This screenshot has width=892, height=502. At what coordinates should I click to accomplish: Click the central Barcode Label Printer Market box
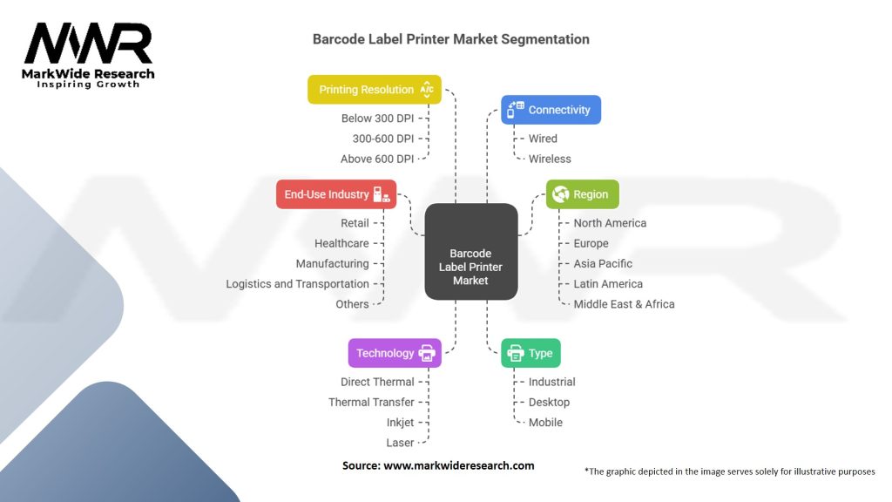[x=470, y=253]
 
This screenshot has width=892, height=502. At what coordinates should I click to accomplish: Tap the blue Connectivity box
[x=551, y=110]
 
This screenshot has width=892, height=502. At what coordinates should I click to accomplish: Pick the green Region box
[x=582, y=194]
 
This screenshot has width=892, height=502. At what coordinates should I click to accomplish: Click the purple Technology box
[x=395, y=353]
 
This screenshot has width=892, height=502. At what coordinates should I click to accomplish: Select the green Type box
[x=531, y=353]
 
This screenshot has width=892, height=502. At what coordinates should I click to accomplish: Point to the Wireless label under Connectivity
[x=550, y=159]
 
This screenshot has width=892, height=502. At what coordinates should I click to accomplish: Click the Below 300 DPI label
[x=377, y=118]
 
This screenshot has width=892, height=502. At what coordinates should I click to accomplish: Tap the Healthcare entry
[x=341, y=243]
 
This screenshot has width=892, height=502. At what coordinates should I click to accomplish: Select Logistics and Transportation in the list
[x=297, y=283]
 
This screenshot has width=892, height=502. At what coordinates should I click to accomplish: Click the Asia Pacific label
[x=603, y=263]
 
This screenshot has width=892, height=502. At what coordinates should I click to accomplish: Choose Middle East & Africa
[x=624, y=304]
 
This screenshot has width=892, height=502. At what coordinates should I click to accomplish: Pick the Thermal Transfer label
[x=371, y=402]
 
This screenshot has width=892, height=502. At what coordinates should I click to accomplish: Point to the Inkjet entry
[x=400, y=422]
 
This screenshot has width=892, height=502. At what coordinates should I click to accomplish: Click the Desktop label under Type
[x=549, y=402]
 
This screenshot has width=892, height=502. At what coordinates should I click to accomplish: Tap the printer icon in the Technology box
[x=427, y=353]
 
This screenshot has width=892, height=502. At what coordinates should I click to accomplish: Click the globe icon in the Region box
[x=560, y=194]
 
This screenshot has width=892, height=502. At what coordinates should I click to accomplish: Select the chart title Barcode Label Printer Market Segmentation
[x=450, y=39]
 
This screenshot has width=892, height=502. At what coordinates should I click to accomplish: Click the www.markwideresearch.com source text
[x=458, y=465]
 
